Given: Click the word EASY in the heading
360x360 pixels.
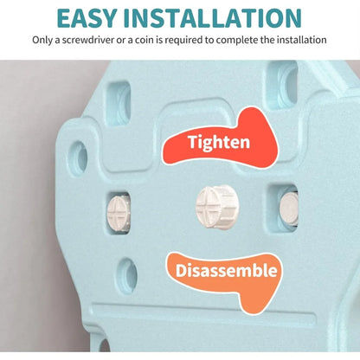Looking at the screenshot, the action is click(87, 18).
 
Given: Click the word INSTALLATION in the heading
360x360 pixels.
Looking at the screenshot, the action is click(213, 18).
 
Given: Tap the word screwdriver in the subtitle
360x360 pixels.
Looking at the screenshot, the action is click(88, 40).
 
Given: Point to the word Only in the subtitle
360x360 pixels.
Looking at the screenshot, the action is click(42, 40).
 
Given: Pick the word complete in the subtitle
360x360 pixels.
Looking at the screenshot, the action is click(236, 40).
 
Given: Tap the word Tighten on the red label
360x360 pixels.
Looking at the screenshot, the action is click(219, 142).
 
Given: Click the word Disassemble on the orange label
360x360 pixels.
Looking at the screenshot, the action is click(226, 271).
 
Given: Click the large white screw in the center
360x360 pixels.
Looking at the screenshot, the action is click(217, 207).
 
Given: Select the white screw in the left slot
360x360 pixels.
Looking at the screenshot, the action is click(119, 214).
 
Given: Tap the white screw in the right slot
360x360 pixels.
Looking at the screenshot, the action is click(289, 209).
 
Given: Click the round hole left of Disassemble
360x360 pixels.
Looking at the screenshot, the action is click(127, 275).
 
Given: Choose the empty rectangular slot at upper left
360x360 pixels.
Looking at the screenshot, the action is click(119, 103).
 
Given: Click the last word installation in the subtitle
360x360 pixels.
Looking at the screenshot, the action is click(302, 40).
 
